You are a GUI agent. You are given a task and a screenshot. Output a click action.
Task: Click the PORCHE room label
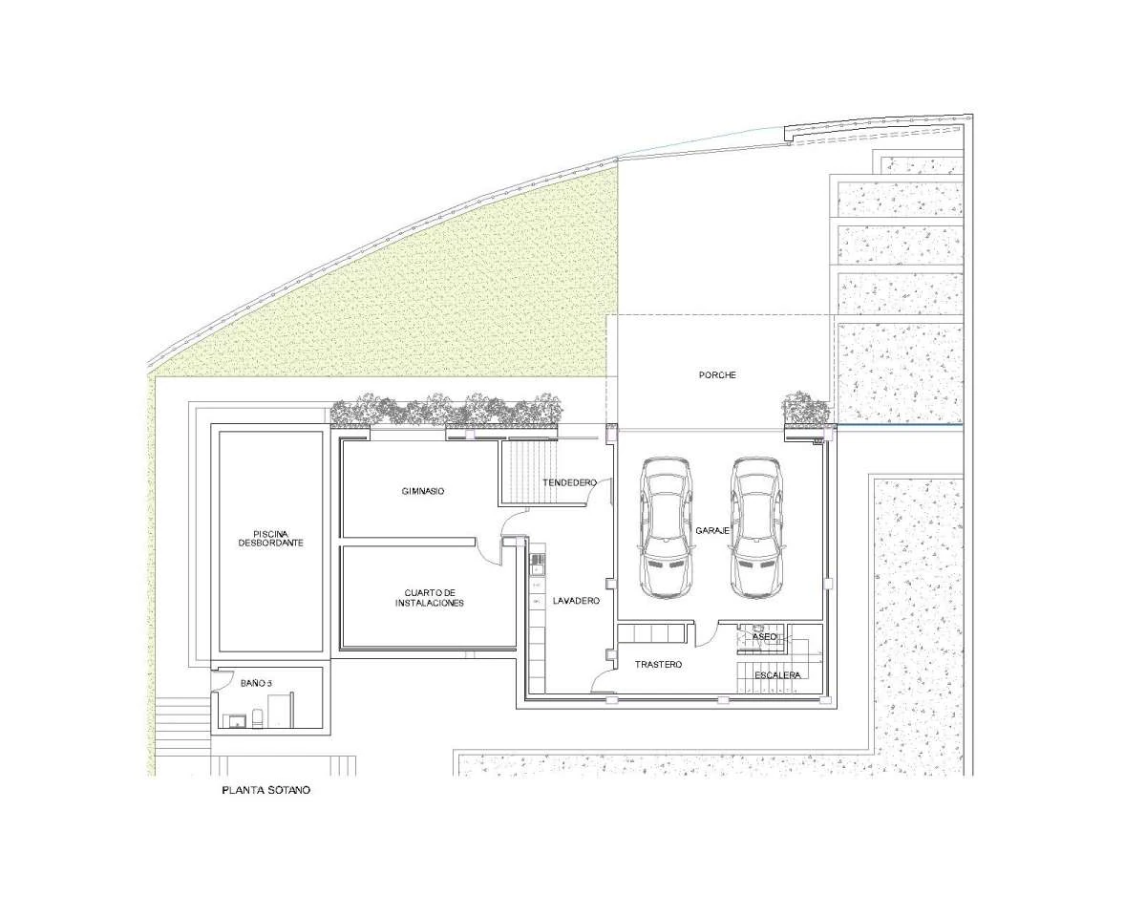coord(717,375)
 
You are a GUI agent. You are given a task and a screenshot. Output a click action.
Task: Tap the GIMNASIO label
coord(423,491)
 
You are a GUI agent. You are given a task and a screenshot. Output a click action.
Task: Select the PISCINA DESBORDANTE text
coord(270,539)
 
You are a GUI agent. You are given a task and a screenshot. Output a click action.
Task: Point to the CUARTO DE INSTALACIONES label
coord(429,598)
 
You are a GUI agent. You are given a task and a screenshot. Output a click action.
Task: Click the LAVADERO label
coord(576,601)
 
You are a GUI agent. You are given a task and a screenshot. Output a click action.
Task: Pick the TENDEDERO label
coord(570,482)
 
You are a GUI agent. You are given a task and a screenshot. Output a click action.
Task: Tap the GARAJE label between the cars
coord(712,531)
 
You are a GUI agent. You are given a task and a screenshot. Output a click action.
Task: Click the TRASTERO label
coord(658,665)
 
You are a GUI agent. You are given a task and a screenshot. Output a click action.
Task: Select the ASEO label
coord(764,637)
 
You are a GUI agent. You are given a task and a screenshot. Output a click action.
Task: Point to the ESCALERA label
coord(777,675)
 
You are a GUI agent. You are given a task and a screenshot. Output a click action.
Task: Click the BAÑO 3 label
coord(256,683)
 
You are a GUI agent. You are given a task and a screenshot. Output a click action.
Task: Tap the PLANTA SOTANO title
coord(265,790)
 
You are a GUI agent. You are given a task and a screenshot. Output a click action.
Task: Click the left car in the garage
coord(667,527)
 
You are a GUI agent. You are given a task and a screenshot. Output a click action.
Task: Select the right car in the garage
coord(756,527)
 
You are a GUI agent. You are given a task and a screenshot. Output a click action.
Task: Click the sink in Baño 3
coord(237,721)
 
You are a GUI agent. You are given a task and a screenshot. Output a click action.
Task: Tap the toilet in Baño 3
coord(257,718)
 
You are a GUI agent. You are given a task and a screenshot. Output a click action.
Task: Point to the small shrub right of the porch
coord(805,408)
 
